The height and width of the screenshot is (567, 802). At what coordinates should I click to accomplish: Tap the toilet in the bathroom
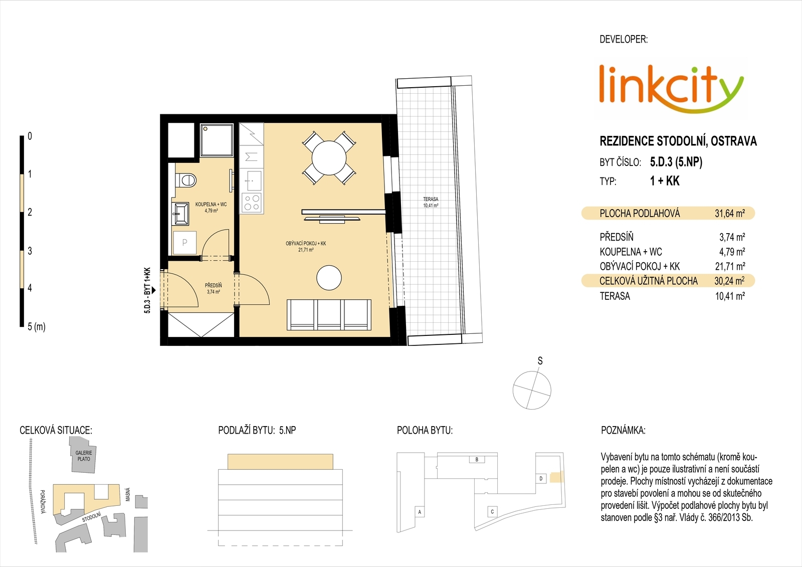click(186, 179)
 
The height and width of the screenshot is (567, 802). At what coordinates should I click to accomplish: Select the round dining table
click(329, 158)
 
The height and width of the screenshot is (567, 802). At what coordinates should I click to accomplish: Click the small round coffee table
click(329, 278)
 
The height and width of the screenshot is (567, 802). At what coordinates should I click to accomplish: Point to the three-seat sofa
click(329, 315)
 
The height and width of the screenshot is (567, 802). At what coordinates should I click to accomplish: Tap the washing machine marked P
click(185, 243)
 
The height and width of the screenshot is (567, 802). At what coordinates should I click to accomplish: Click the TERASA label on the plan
click(431, 199)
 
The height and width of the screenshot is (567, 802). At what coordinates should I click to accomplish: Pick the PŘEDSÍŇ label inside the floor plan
click(214, 285)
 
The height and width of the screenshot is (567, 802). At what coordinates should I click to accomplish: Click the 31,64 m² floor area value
click(730, 214)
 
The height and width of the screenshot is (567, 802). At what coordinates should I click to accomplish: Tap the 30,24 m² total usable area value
click(729, 281)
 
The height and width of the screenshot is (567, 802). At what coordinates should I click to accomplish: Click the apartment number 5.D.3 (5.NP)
click(676, 162)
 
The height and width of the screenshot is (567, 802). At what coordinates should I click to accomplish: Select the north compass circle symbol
click(532, 390)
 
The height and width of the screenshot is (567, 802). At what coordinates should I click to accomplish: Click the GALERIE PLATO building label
click(84, 456)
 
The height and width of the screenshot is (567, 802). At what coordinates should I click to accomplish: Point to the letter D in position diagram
click(541, 479)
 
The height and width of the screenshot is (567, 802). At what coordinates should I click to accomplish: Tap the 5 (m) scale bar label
click(37, 327)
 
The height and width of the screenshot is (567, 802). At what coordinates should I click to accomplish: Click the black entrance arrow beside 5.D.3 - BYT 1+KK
click(153, 290)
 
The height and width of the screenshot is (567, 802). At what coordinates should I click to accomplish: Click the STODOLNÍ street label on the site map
click(91, 517)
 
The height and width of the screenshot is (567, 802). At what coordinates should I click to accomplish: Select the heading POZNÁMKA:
click(623, 430)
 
